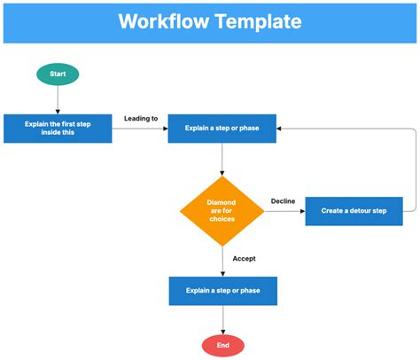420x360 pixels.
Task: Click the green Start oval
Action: (x=58, y=74)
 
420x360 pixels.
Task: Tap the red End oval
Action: (x=222, y=345)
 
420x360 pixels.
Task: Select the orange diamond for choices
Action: (x=222, y=211)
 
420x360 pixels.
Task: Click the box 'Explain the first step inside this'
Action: (x=58, y=129)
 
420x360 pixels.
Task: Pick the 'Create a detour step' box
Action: (x=353, y=211)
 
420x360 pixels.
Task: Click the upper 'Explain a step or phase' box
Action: (x=222, y=129)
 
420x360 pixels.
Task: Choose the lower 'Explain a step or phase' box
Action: (x=222, y=291)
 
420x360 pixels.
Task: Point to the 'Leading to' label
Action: (x=141, y=118)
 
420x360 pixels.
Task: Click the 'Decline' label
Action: (x=283, y=201)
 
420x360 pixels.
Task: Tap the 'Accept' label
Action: (x=245, y=258)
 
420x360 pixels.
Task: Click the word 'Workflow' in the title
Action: (x=161, y=21)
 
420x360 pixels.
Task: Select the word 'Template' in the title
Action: (x=256, y=21)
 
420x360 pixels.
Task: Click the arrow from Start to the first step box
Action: (x=58, y=99)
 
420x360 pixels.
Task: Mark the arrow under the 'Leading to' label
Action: (x=140, y=129)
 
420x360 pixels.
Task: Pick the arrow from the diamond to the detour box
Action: (x=284, y=211)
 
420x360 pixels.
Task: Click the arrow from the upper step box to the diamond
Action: (x=222, y=159)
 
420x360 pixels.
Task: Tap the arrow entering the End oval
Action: (x=222, y=320)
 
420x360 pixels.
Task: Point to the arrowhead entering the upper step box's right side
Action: (x=281, y=129)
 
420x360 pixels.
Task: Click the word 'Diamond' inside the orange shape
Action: (x=222, y=202)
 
